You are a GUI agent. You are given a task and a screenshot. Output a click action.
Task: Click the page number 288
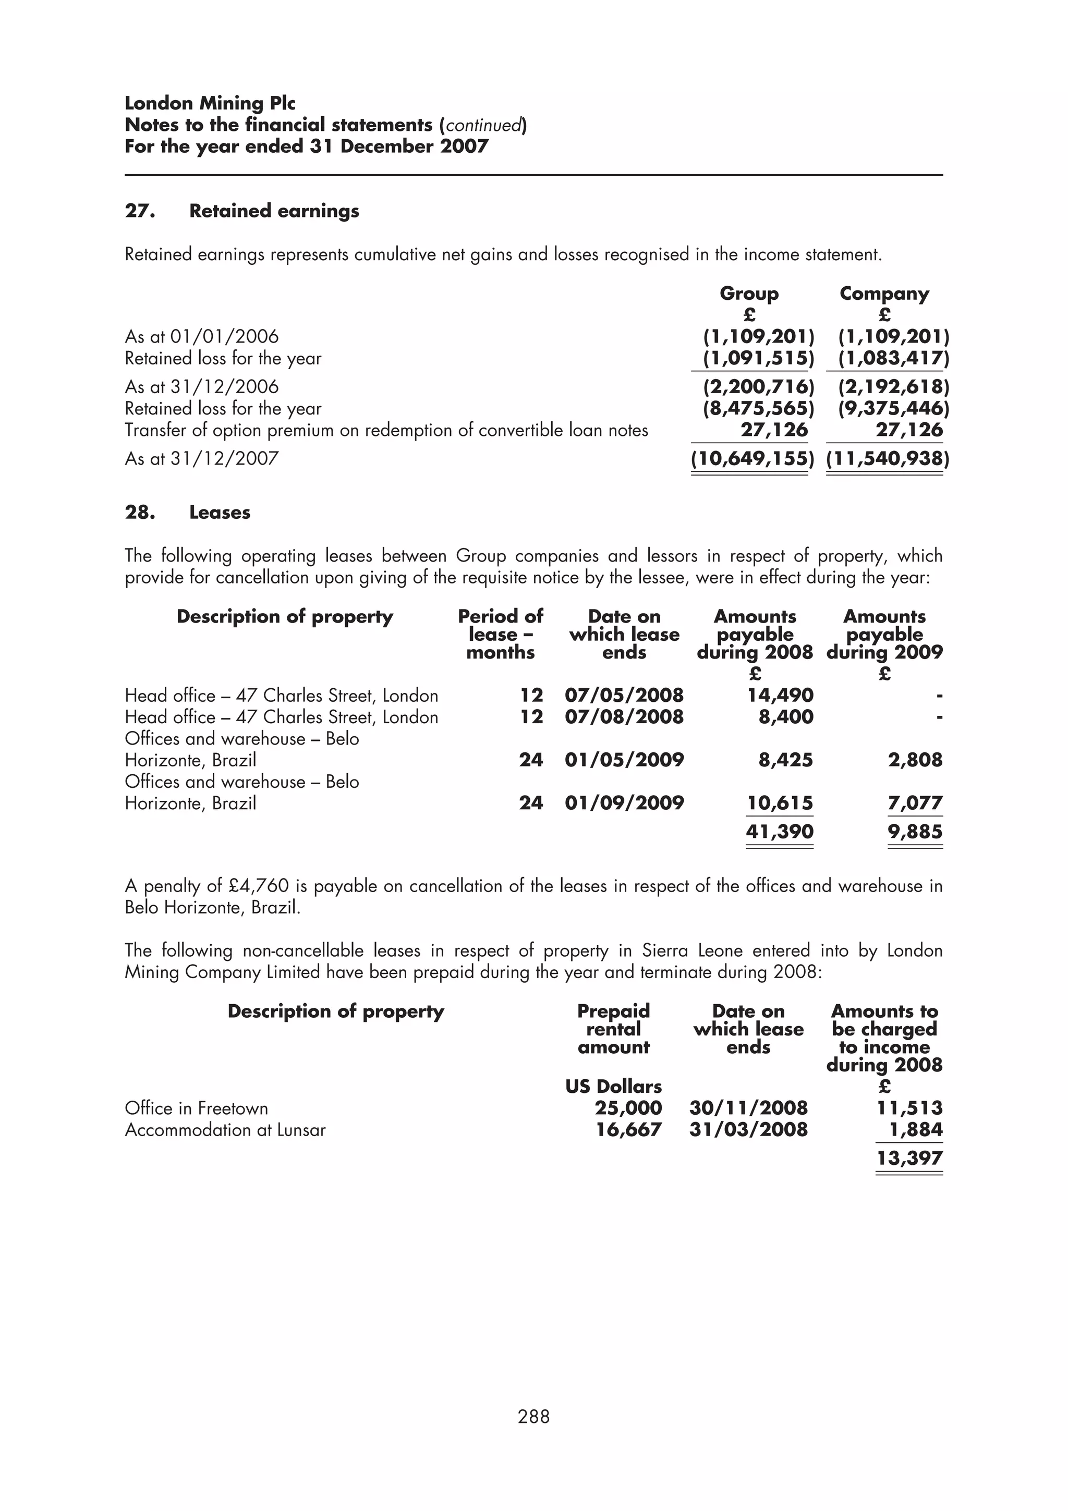[533, 1416]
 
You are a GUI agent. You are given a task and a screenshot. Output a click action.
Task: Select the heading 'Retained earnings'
[274, 211]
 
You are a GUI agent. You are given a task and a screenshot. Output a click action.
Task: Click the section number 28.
[140, 513]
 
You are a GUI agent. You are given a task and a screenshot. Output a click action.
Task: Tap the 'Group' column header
[749, 294]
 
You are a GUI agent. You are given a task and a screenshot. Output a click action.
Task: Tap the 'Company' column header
[884, 294]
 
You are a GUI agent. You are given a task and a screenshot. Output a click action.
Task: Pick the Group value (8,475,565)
[758, 409]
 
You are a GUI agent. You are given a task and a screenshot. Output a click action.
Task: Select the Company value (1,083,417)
[893, 359]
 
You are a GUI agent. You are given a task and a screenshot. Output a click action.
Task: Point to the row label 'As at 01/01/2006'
[201, 337]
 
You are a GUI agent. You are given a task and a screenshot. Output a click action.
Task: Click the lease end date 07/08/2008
[624, 717]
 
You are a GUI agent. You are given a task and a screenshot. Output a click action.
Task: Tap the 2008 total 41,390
[779, 831]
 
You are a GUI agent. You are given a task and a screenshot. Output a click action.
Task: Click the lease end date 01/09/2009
[624, 803]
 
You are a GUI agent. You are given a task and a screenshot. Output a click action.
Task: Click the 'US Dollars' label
[613, 1087]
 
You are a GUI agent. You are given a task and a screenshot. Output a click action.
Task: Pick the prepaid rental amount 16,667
[628, 1130]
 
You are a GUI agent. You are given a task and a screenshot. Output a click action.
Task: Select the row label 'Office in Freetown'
[196, 1108]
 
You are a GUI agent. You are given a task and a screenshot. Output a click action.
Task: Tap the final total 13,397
[909, 1158]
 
